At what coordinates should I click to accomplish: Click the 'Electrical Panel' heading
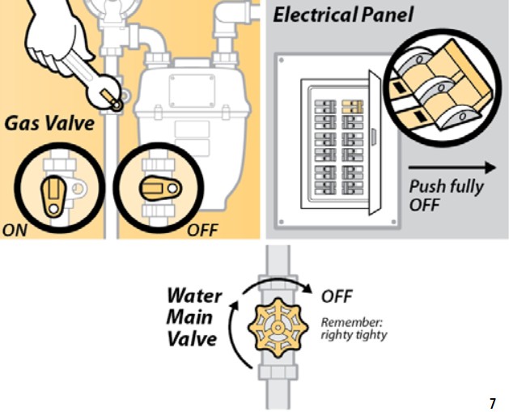[x=343, y=15]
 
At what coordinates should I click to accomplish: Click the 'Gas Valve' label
[x=49, y=124]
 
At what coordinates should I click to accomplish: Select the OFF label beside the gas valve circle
[x=202, y=229]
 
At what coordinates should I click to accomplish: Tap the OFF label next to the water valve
[x=337, y=296]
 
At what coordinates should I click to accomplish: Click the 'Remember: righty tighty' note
[x=354, y=328]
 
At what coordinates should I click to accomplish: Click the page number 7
[x=493, y=402]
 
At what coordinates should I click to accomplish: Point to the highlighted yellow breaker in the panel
[x=350, y=105]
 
